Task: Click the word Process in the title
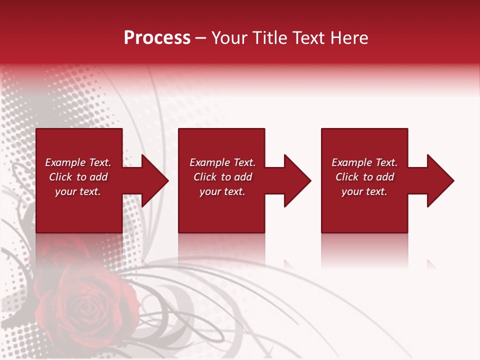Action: point(157,38)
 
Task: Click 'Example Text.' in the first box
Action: point(78,162)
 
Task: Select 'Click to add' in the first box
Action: point(78,177)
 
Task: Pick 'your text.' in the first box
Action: point(78,191)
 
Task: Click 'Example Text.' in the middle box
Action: point(222,162)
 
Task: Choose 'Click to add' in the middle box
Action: point(222,177)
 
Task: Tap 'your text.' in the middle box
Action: point(222,191)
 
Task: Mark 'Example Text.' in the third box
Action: point(364,162)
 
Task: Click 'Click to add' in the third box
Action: point(364,177)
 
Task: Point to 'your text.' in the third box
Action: point(364,191)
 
